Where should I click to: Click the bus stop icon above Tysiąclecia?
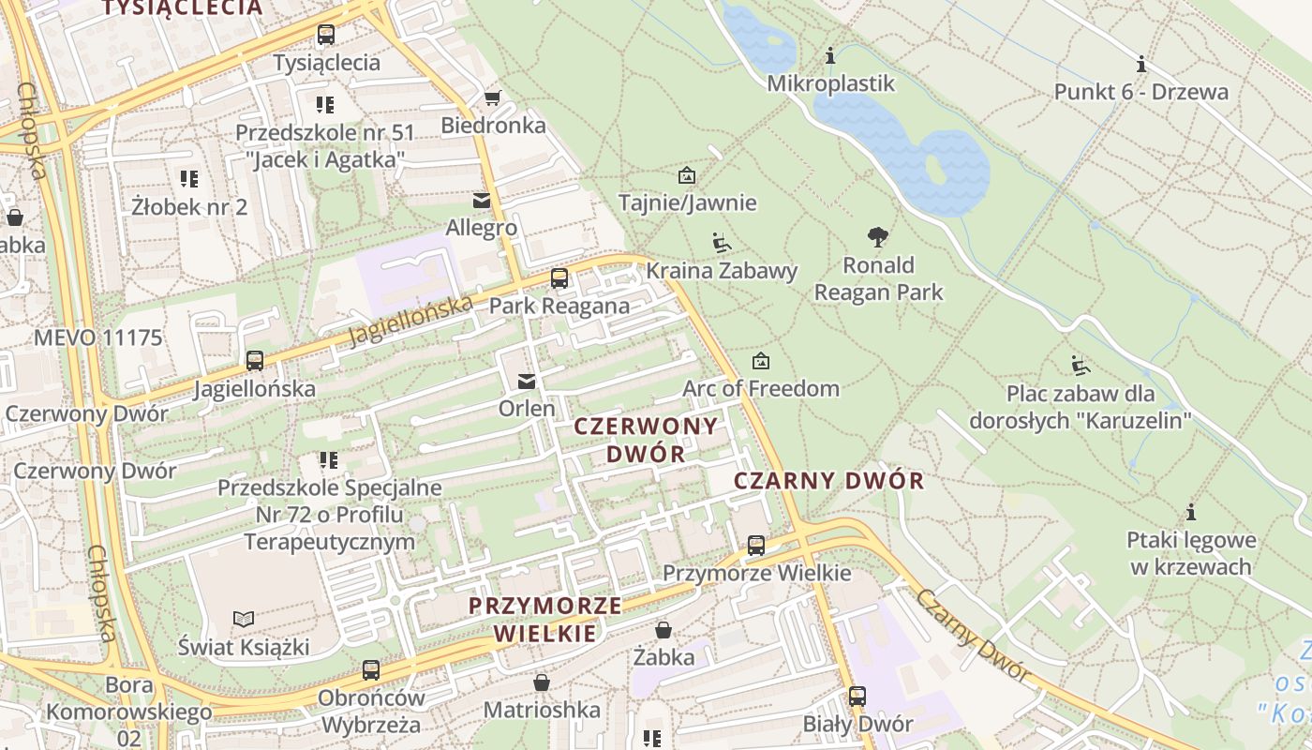point(326,35)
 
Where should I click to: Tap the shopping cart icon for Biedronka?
point(493,97)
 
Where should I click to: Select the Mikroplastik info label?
point(830,83)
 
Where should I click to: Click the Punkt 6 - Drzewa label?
point(1141,92)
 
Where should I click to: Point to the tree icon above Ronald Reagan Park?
point(878,237)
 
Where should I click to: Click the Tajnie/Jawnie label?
point(687,202)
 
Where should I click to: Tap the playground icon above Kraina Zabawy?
point(721,244)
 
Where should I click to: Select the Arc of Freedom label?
point(760,388)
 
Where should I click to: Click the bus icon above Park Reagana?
point(559,278)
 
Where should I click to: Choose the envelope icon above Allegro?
point(482,201)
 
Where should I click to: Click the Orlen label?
point(526,409)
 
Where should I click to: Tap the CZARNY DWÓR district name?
point(828,482)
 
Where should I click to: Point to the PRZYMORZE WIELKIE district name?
point(544,619)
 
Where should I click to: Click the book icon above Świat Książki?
point(244,619)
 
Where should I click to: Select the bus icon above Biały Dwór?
point(857,697)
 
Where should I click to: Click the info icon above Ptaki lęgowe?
point(1191,513)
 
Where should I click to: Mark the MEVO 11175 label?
point(97,337)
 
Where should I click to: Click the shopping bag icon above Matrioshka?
point(541,682)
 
